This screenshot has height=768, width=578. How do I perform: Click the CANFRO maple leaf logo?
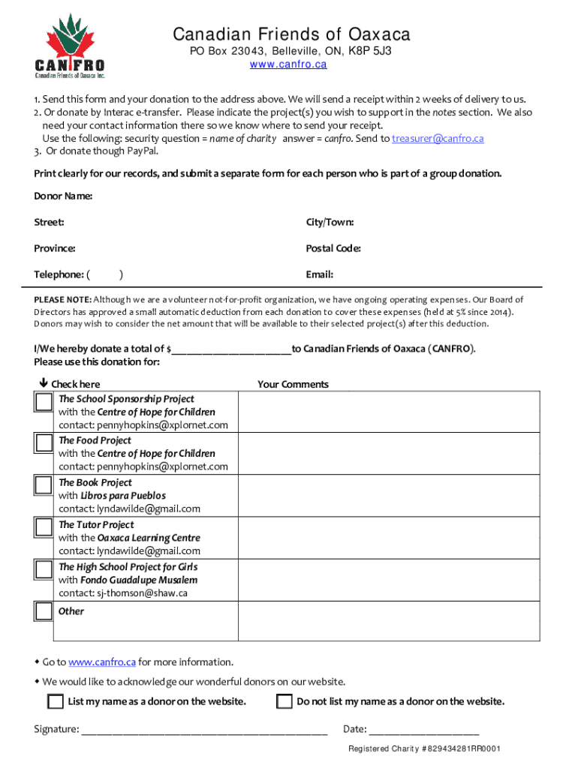[x=70, y=46]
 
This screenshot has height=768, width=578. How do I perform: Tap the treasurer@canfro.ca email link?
[x=438, y=138]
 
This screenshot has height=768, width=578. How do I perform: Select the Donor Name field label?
[x=63, y=196]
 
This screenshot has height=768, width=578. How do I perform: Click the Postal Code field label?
[x=333, y=248]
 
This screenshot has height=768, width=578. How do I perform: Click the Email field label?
[x=319, y=274]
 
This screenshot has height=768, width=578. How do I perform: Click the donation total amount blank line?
[x=231, y=349]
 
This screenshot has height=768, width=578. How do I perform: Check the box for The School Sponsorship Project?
[x=44, y=402]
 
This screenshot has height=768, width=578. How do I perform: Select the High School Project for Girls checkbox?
[x=44, y=569]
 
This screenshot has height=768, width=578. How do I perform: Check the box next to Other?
[x=44, y=611]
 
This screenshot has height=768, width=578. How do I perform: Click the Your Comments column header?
[x=293, y=384]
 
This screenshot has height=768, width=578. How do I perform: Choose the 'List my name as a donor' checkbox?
[x=55, y=702]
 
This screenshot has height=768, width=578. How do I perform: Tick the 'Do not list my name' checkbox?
[x=284, y=702]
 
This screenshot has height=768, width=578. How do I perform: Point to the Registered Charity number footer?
[x=424, y=749]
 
